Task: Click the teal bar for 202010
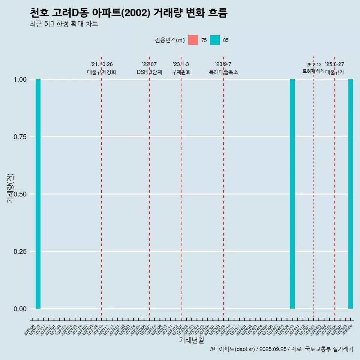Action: pyautogui.click(x=38, y=194)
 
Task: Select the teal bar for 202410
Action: pyautogui.click(x=292, y=194)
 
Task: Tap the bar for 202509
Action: pyautogui.click(x=351, y=194)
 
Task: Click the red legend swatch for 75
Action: pyautogui.click(x=193, y=40)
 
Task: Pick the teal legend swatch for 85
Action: pyautogui.click(x=215, y=40)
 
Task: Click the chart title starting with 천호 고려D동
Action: pyautogui.click(x=128, y=13)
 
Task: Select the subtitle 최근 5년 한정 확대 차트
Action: pyautogui.click(x=64, y=24)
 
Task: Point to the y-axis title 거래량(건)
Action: pyautogui.click(x=10, y=188)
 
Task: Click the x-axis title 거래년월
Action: pyautogui.click(x=191, y=340)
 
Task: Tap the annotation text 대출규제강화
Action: pyautogui.click(x=102, y=72)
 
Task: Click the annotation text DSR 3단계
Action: pyautogui.click(x=149, y=72)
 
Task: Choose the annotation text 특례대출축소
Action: pyautogui.click(x=223, y=72)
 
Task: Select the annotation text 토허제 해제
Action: pyautogui.click(x=313, y=71)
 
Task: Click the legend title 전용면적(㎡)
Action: pyautogui.click(x=169, y=40)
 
